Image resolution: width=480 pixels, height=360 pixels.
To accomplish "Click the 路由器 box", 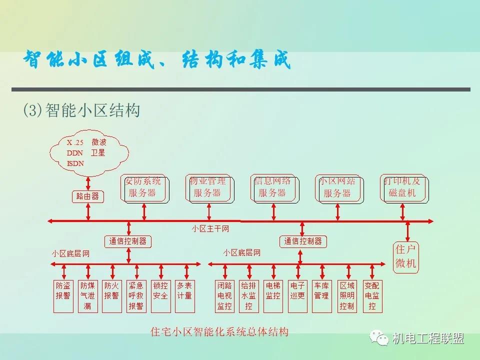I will (x=88, y=196).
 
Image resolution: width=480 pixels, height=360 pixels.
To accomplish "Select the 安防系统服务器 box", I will (x=143, y=188).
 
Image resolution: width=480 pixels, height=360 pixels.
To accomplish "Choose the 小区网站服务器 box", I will (x=337, y=188).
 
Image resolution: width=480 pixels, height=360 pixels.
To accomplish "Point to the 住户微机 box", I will (x=406, y=257).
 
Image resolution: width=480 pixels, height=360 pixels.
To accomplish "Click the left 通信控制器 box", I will (x=128, y=241).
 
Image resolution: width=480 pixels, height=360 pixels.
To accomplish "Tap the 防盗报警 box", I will (x=63, y=296).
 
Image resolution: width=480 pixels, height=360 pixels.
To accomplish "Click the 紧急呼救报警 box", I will (x=136, y=296).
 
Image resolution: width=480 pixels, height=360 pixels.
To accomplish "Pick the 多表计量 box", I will (x=184, y=296).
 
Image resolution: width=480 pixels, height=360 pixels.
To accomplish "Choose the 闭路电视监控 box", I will (x=224, y=296).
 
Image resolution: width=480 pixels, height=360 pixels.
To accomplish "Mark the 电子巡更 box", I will (x=297, y=296).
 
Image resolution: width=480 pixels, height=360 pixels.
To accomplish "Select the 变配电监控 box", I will (x=371, y=296).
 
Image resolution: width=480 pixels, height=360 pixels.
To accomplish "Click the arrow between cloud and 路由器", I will (x=88, y=181).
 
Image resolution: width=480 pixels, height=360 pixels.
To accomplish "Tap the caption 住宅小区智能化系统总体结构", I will (x=219, y=331).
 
